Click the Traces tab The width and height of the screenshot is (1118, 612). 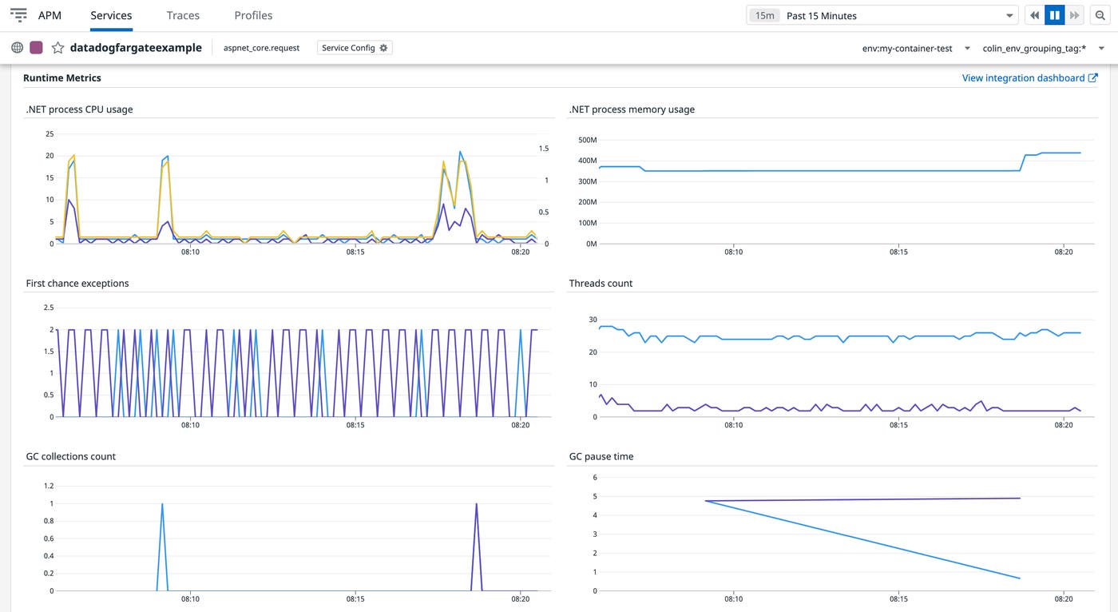click(183, 15)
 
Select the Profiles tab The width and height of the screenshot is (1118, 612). click(253, 15)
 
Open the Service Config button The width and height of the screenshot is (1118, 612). click(355, 48)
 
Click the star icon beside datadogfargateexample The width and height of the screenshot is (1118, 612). click(57, 48)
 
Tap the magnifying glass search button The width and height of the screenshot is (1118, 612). click(1100, 15)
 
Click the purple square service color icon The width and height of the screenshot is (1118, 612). click(36, 48)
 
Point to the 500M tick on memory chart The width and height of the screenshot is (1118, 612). click(587, 140)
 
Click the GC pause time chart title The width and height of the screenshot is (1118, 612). click(601, 456)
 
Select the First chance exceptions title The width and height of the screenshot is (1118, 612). click(77, 283)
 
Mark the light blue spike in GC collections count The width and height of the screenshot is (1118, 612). click(163, 505)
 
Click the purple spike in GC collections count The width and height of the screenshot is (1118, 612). click(477, 505)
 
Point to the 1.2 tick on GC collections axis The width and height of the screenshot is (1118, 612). click(49, 486)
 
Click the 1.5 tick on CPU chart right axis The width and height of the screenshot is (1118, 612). click(544, 149)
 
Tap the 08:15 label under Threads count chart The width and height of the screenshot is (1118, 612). click(898, 425)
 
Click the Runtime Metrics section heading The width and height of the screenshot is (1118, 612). click(62, 77)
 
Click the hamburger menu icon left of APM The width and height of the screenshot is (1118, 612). click(18, 15)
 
